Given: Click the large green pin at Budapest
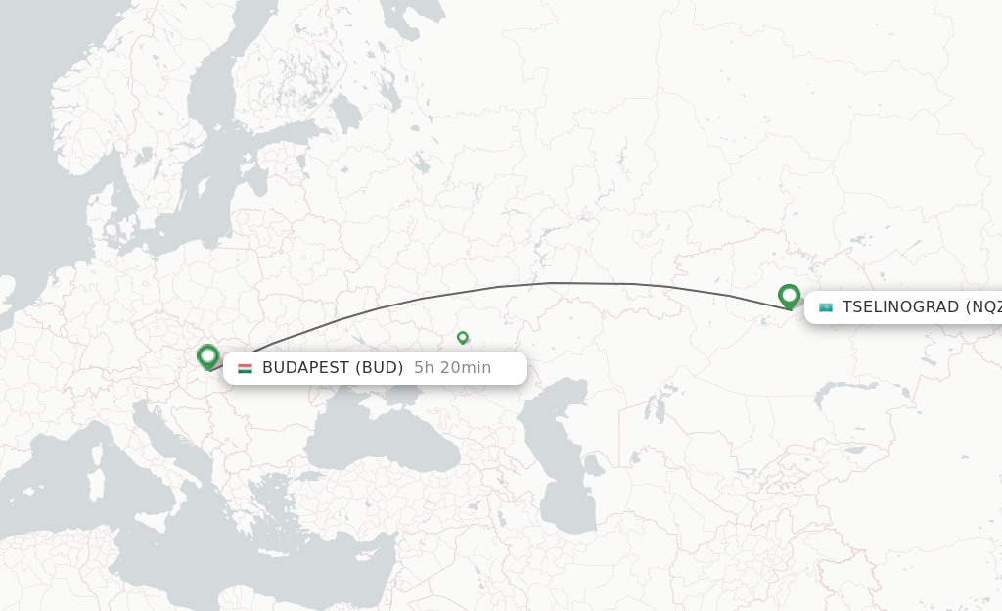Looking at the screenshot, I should click(x=207, y=356).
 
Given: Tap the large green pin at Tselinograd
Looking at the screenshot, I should click(x=790, y=295).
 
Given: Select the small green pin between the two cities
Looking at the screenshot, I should click(x=463, y=337).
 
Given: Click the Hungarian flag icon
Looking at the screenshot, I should click(x=245, y=368).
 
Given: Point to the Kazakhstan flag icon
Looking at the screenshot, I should click(x=826, y=307).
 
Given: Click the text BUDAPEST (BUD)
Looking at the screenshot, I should click(x=333, y=368).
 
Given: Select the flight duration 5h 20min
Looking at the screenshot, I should click(x=452, y=368).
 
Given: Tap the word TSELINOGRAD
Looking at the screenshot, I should click(x=900, y=307).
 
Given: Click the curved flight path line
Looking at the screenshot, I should click(x=548, y=284).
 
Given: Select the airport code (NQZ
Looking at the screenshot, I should click(x=982, y=307).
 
